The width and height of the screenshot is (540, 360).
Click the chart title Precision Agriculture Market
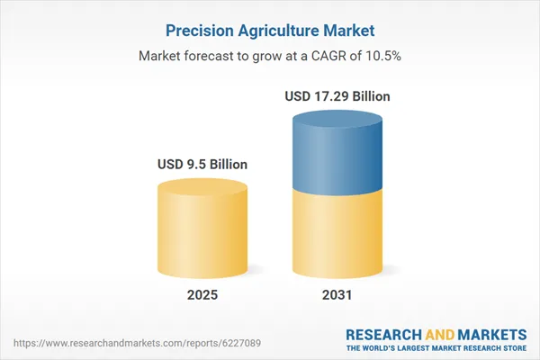pyautogui.click(x=270, y=30)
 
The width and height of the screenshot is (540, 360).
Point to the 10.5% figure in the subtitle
pyautogui.click(x=383, y=56)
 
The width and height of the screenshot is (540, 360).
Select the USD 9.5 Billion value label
pyautogui.click(x=202, y=165)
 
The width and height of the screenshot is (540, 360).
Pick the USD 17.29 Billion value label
pyautogui.click(x=337, y=96)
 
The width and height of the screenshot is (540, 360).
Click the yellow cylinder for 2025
pyautogui.click(x=202, y=234)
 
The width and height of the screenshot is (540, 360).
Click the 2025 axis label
pyautogui.click(x=202, y=295)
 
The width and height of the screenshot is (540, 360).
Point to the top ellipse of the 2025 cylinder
pyautogui.click(x=202, y=187)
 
